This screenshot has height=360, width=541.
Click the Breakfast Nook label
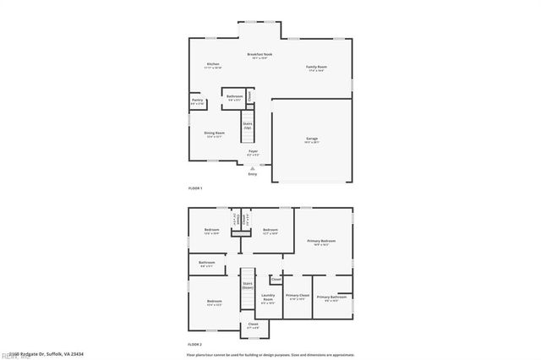260,54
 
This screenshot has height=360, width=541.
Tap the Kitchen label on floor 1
214,65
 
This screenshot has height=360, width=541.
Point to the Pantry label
197,101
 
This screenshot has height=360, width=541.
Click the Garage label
312,138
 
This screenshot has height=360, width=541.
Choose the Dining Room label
214,133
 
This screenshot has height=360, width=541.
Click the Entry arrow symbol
252,168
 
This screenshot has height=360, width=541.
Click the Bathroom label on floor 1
234,96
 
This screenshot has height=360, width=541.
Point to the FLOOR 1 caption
194,188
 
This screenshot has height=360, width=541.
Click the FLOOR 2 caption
194,344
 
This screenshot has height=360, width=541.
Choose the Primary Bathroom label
331,297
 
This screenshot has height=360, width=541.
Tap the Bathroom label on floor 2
207,263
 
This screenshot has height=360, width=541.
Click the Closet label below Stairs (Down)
253,324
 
